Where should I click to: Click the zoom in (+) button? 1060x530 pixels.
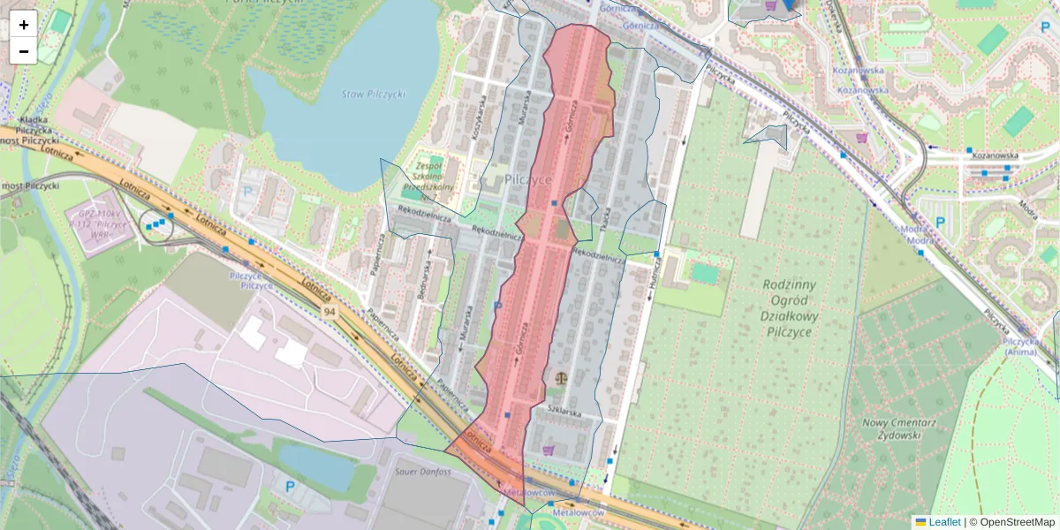(x=24, y=24)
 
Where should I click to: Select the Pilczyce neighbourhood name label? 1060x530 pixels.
(x=528, y=178)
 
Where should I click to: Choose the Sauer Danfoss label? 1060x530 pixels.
(x=423, y=472)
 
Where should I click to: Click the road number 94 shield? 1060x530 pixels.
(x=329, y=312)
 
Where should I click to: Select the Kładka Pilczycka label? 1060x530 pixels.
(x=34, y=124)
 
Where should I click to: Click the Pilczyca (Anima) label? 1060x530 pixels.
(x=1023, y=345)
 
